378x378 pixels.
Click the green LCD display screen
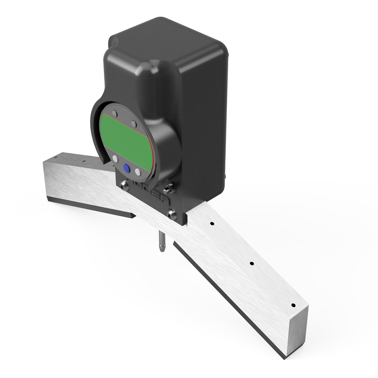tap(125, 137)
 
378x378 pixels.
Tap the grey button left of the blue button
tap(115, 160)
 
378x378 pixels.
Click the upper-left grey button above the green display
tap(114, 113)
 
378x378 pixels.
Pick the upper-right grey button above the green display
tap(134, 124)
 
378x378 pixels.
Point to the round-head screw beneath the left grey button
tap(125, 186)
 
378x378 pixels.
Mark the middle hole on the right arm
tap(251, 263)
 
